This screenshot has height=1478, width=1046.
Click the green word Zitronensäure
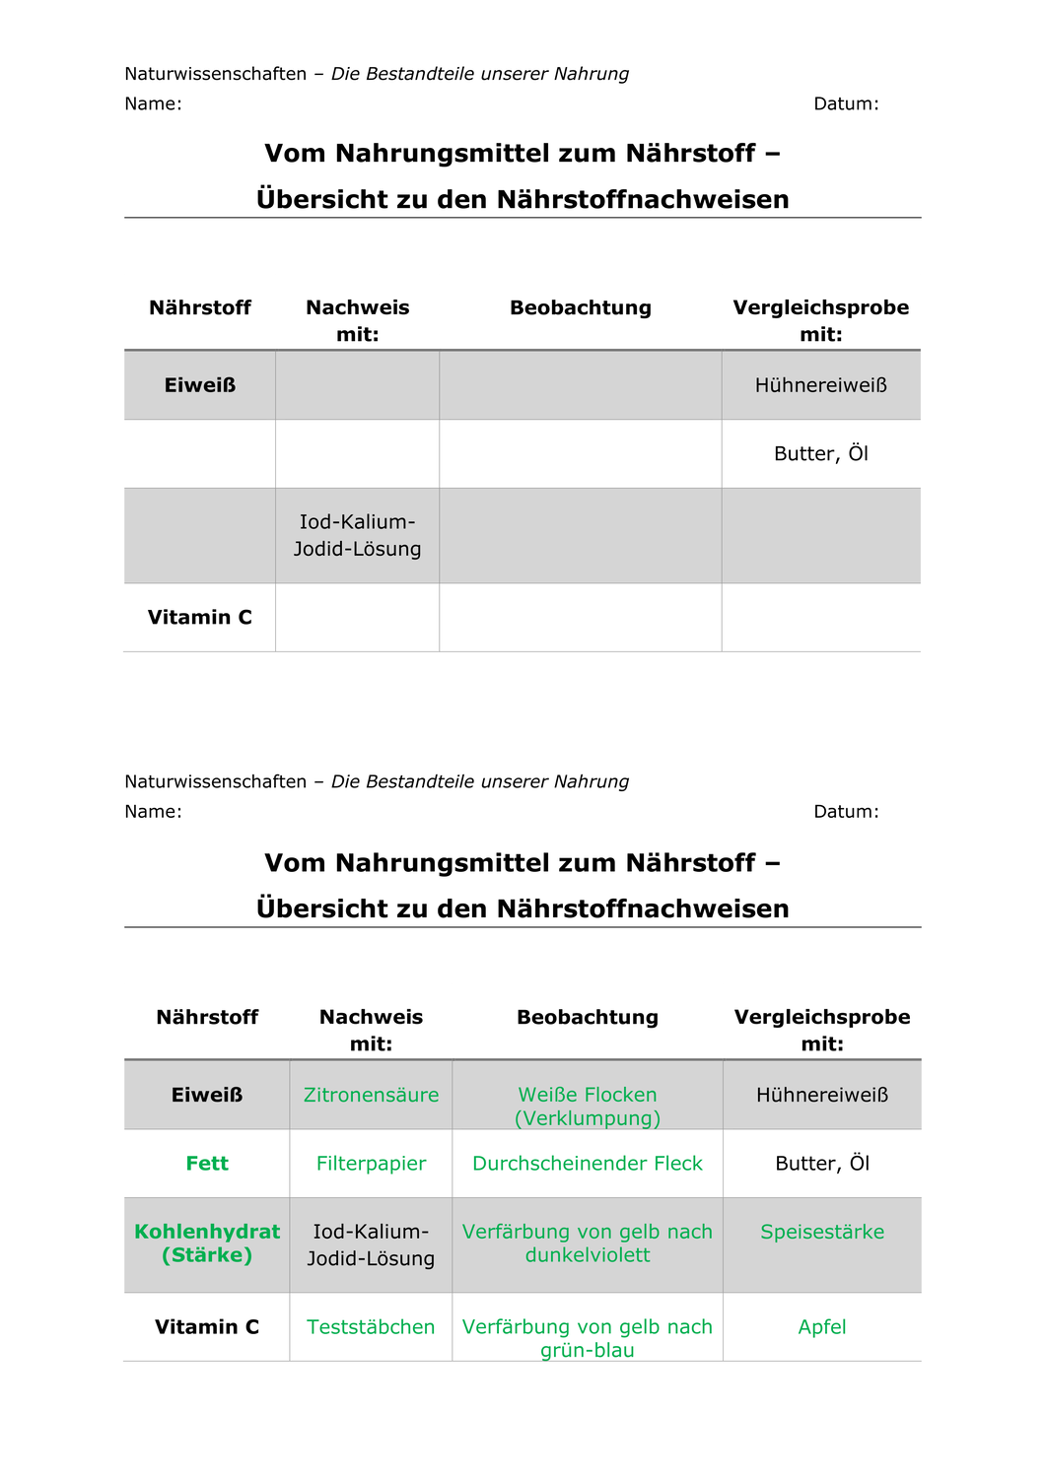pyautogui.click(x=371, y=1095)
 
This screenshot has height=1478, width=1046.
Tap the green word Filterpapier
pyautogui.click(x=371, y=1164)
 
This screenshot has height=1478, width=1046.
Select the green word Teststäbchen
pyautogui.click(x=371, y=1327)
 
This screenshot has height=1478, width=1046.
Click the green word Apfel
pyautogui.click(x=822, y=1327)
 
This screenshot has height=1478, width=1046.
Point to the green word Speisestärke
pyautogui.click(x=822, y=1232)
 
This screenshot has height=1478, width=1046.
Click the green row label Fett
pyautogui.click(x=207, y=1164)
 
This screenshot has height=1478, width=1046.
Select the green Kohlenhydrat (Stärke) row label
pyautogui.click(x=207, y=1243)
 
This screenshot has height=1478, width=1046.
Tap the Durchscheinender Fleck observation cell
pyautogui.click(x=588, y=1164)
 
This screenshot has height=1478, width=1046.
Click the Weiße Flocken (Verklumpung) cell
pyautogui.click(x=588, y=1107)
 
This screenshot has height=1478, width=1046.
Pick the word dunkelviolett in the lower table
pyautogui.click(x=588, y=1255)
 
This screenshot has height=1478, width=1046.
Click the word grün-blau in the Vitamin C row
pyautogui.click(x=588, y=1351)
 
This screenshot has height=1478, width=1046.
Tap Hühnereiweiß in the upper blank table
pyautogui.click(x=821, y=385)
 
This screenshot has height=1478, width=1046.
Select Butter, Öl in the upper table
pyautogui.click(x=821, y=454)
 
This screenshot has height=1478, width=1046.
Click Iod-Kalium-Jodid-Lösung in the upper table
pyautogui.click(x=357, y=535)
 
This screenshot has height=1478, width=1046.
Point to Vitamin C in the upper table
pyautogui.click(x=200, y=618)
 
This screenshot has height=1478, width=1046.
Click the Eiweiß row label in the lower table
pyautogui.click(x=207, y=1095)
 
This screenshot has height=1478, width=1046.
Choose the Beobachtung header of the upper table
pyautogui.click(x=581, y=307)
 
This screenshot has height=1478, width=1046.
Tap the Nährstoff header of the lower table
pyautogui.click(x=207, y=1017)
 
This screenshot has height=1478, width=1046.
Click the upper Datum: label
pyautogui.click(x=846, y=103)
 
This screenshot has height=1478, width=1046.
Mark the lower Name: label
pyautogui.click(x=153, y=812)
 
